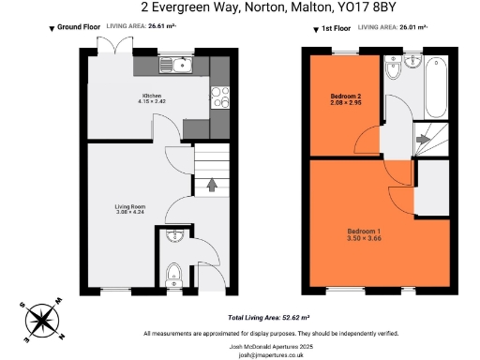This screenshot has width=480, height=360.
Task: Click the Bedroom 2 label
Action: coord(344,99)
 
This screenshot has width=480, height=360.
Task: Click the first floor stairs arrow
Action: coord(423,141)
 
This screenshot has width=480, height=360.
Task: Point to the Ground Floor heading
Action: coord(79,28)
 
